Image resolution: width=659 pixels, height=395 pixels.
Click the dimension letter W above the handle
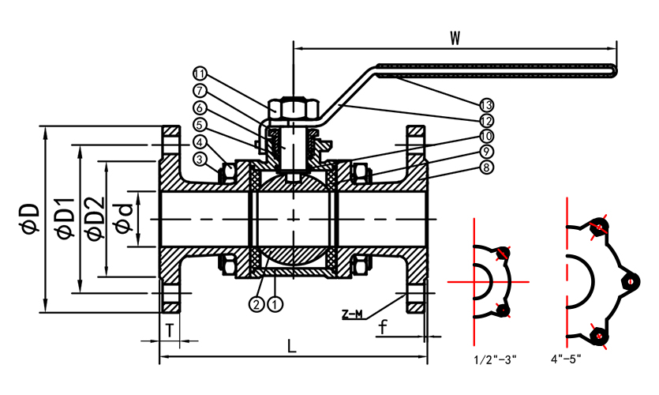[455, 37]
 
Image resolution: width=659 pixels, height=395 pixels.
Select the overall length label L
[292, 346]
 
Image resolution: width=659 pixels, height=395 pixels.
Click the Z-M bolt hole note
[352, 314]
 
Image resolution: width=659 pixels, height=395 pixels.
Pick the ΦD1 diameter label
[64, 219]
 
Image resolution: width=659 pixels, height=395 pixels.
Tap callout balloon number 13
[486, 104]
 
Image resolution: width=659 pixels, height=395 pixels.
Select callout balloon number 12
[486, 120]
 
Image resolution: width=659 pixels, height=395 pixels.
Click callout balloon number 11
[198, 75]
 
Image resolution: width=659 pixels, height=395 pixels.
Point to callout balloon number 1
[274, 303]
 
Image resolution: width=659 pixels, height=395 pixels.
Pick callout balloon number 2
[256, 303]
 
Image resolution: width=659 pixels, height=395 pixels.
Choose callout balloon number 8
[486, 167]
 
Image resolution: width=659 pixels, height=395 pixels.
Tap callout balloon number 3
[200, 158]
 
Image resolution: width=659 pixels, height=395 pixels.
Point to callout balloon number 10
[486, 136]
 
